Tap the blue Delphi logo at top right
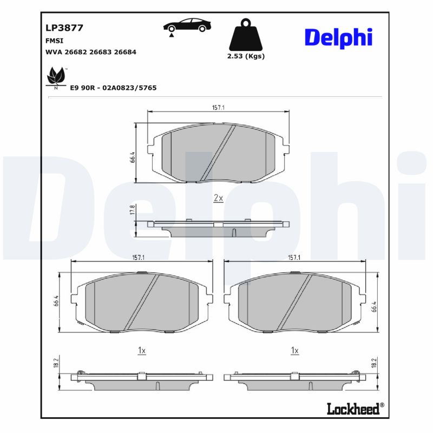coord(339,37)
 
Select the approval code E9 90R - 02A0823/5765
coord(113,87)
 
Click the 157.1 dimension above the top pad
coord(218,108)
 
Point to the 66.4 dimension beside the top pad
coord(132,157)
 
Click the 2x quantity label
coord(218,198)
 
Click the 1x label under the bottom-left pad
coord(142,351)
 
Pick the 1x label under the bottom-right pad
coord(295,351)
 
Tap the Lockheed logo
coord(354,409)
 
